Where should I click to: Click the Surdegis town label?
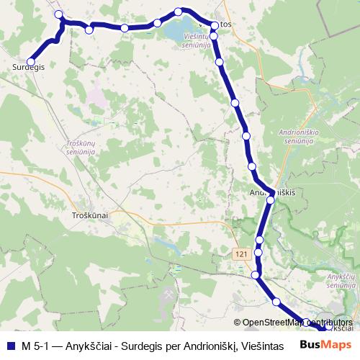pyautogui.click(x=29, y=67)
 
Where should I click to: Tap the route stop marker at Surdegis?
pyautogui.click(x=31, y=61)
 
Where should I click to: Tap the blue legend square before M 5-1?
pyautogui.click(x=9, y=345)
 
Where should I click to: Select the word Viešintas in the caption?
pyautogui.click(x=262, y=345)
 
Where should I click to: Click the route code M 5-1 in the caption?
pyautogui.click(x=35, y=345)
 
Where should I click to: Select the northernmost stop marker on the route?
pyautogui.click(x=179, y=12)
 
